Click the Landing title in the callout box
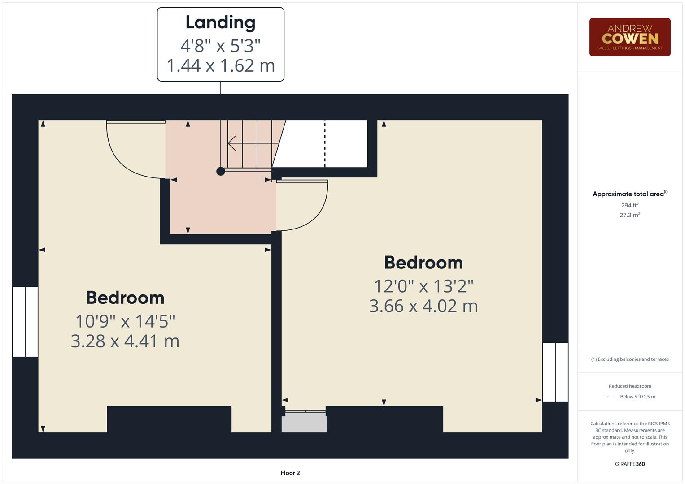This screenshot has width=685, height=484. click(220, 22)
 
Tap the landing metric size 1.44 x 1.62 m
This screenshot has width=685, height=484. click(220, 65)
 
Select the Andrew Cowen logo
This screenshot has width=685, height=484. click(629, 37)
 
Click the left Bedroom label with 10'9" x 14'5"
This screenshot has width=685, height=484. click(125, 298)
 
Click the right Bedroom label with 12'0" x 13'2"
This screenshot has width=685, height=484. click(423, 263)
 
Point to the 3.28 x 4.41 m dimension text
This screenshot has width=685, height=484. click(125, 341)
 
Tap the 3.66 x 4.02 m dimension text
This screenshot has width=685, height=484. click(423, 306)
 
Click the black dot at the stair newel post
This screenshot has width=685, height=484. click(220, 171)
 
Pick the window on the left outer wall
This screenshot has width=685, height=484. click(25, 322)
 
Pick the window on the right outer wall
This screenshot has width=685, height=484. click(555, 372)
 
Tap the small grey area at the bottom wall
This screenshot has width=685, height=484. click(304, 423)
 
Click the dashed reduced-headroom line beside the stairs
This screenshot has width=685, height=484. click(324, 143)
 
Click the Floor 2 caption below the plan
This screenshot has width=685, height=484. click(290, 473)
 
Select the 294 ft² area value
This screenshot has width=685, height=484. click(630, 205)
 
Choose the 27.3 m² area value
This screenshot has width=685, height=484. click(630, 215)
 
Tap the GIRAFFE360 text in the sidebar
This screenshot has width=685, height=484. click(630, 464)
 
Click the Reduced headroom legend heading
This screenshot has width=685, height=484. click(630, 386)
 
